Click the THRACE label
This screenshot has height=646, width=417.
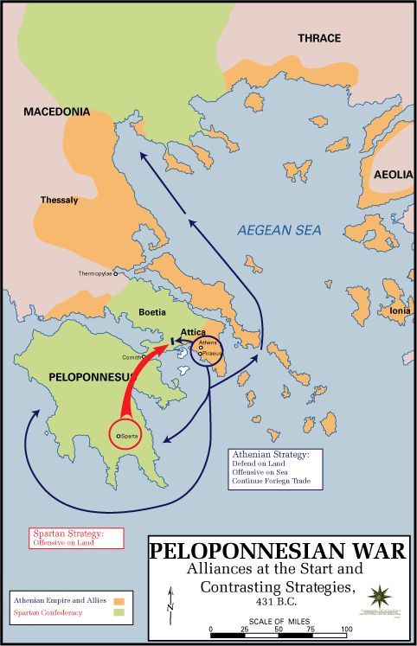click(319, 38)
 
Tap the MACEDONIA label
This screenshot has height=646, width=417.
click(56, 112)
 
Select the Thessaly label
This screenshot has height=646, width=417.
click(59, 200)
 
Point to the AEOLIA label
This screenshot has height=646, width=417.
click(392, 174)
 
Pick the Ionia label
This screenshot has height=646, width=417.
click(400, 310)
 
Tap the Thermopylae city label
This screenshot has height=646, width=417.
click(87, 273)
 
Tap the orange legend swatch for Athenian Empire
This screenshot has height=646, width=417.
click(119, 598)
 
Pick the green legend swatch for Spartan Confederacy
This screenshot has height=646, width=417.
click(119, 612)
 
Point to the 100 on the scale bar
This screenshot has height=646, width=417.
click(346, 628)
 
